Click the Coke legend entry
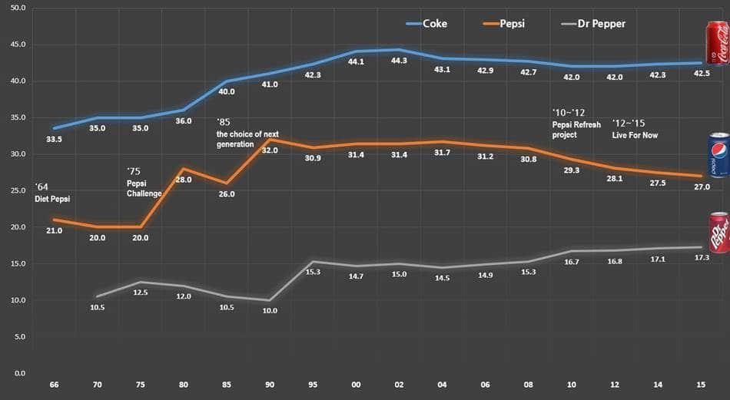click(x=426, y=23)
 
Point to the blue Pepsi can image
click(x=716, y=155)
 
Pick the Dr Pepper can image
click(x=717, y=232)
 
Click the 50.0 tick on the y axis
click(x=17, y=8)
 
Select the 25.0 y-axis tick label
click(x=17, y=190)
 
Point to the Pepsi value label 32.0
click(x=270, y=150)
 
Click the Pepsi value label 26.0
click(x=227, y=194)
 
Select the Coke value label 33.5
click(x=54, y=140)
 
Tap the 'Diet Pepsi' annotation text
click(x=52, y=200)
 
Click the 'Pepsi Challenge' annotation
click(x=144, y=188)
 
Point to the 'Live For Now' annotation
click(x=635, y=135)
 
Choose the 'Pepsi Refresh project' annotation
click(x=576, y=129)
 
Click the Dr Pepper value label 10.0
click(x=270, y=311)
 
